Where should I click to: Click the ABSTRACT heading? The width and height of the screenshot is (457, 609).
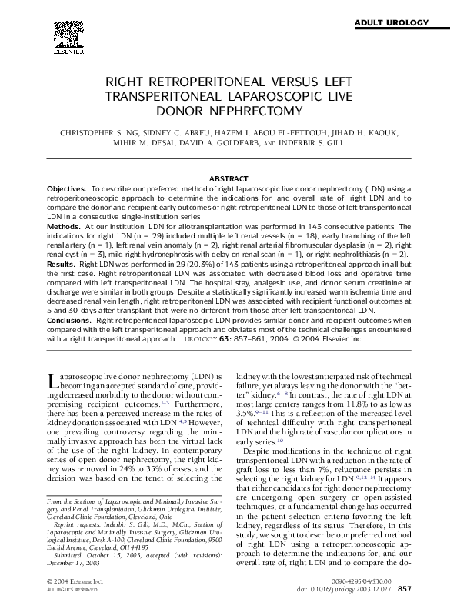(x=228, y=178)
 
